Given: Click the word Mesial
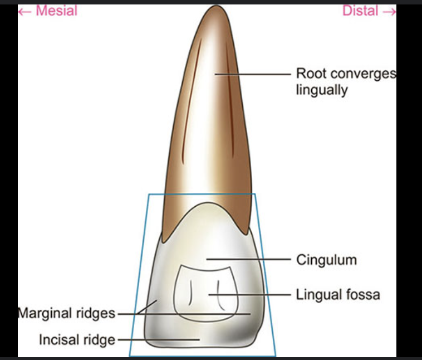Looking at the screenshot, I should point(57,11).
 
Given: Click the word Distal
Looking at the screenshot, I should point(360,11).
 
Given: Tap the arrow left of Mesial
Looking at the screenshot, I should point(24,11).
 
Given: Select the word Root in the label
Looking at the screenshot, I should point(310,74).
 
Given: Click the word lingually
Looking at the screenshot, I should point(321,90).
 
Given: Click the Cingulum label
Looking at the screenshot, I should point(326,260).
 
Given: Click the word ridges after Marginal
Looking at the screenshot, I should point(96,313).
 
